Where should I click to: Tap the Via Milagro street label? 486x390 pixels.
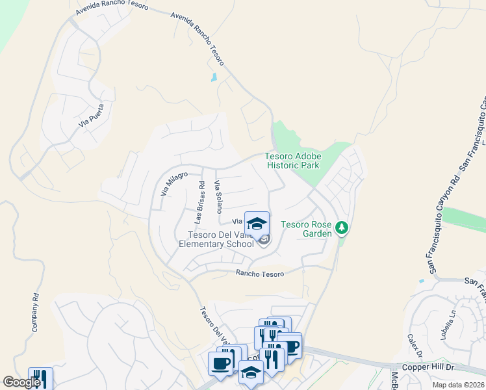[x=173, y=183]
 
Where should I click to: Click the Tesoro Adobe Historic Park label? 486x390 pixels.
[x=292, y=161]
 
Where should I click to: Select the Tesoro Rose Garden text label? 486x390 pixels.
[x=306, y=229]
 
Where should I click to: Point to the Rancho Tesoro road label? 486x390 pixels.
[x=260, y=274]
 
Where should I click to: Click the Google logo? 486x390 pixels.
[x=21, y=382]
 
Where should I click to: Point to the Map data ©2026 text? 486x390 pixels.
[x=458, y=385]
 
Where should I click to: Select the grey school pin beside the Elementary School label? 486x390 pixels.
[x=264, y=241]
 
